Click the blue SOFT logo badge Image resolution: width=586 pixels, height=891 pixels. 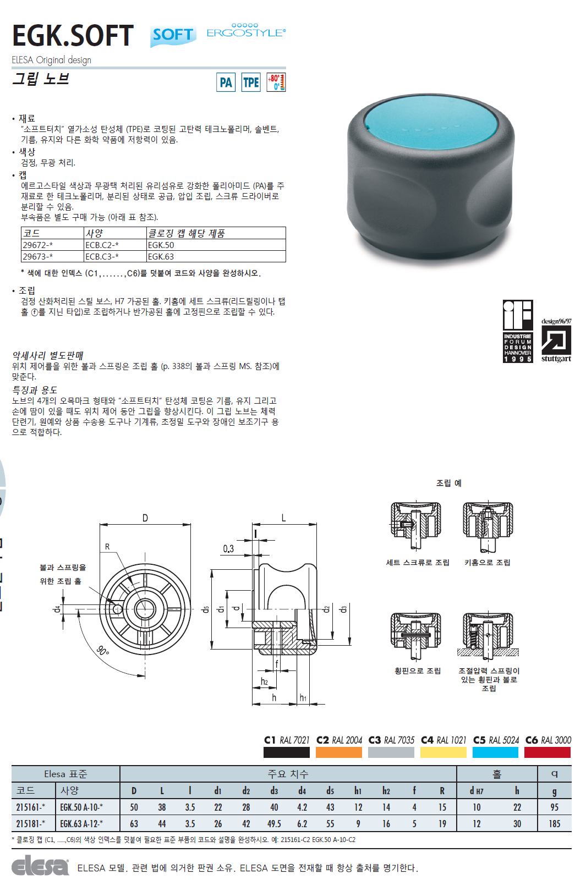[173, 36]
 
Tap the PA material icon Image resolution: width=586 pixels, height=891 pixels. [226, 82]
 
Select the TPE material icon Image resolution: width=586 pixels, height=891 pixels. [251, 82]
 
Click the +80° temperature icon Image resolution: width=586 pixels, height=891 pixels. [276, 82]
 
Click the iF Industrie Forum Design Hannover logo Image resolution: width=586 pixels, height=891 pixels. [518, 331]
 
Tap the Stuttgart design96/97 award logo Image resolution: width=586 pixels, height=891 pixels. [556, 340]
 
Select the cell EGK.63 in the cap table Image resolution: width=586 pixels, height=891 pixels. [161, 256]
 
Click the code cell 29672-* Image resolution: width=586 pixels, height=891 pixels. [37, 245]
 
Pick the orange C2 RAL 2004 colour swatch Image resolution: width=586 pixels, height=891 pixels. [339, 752]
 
